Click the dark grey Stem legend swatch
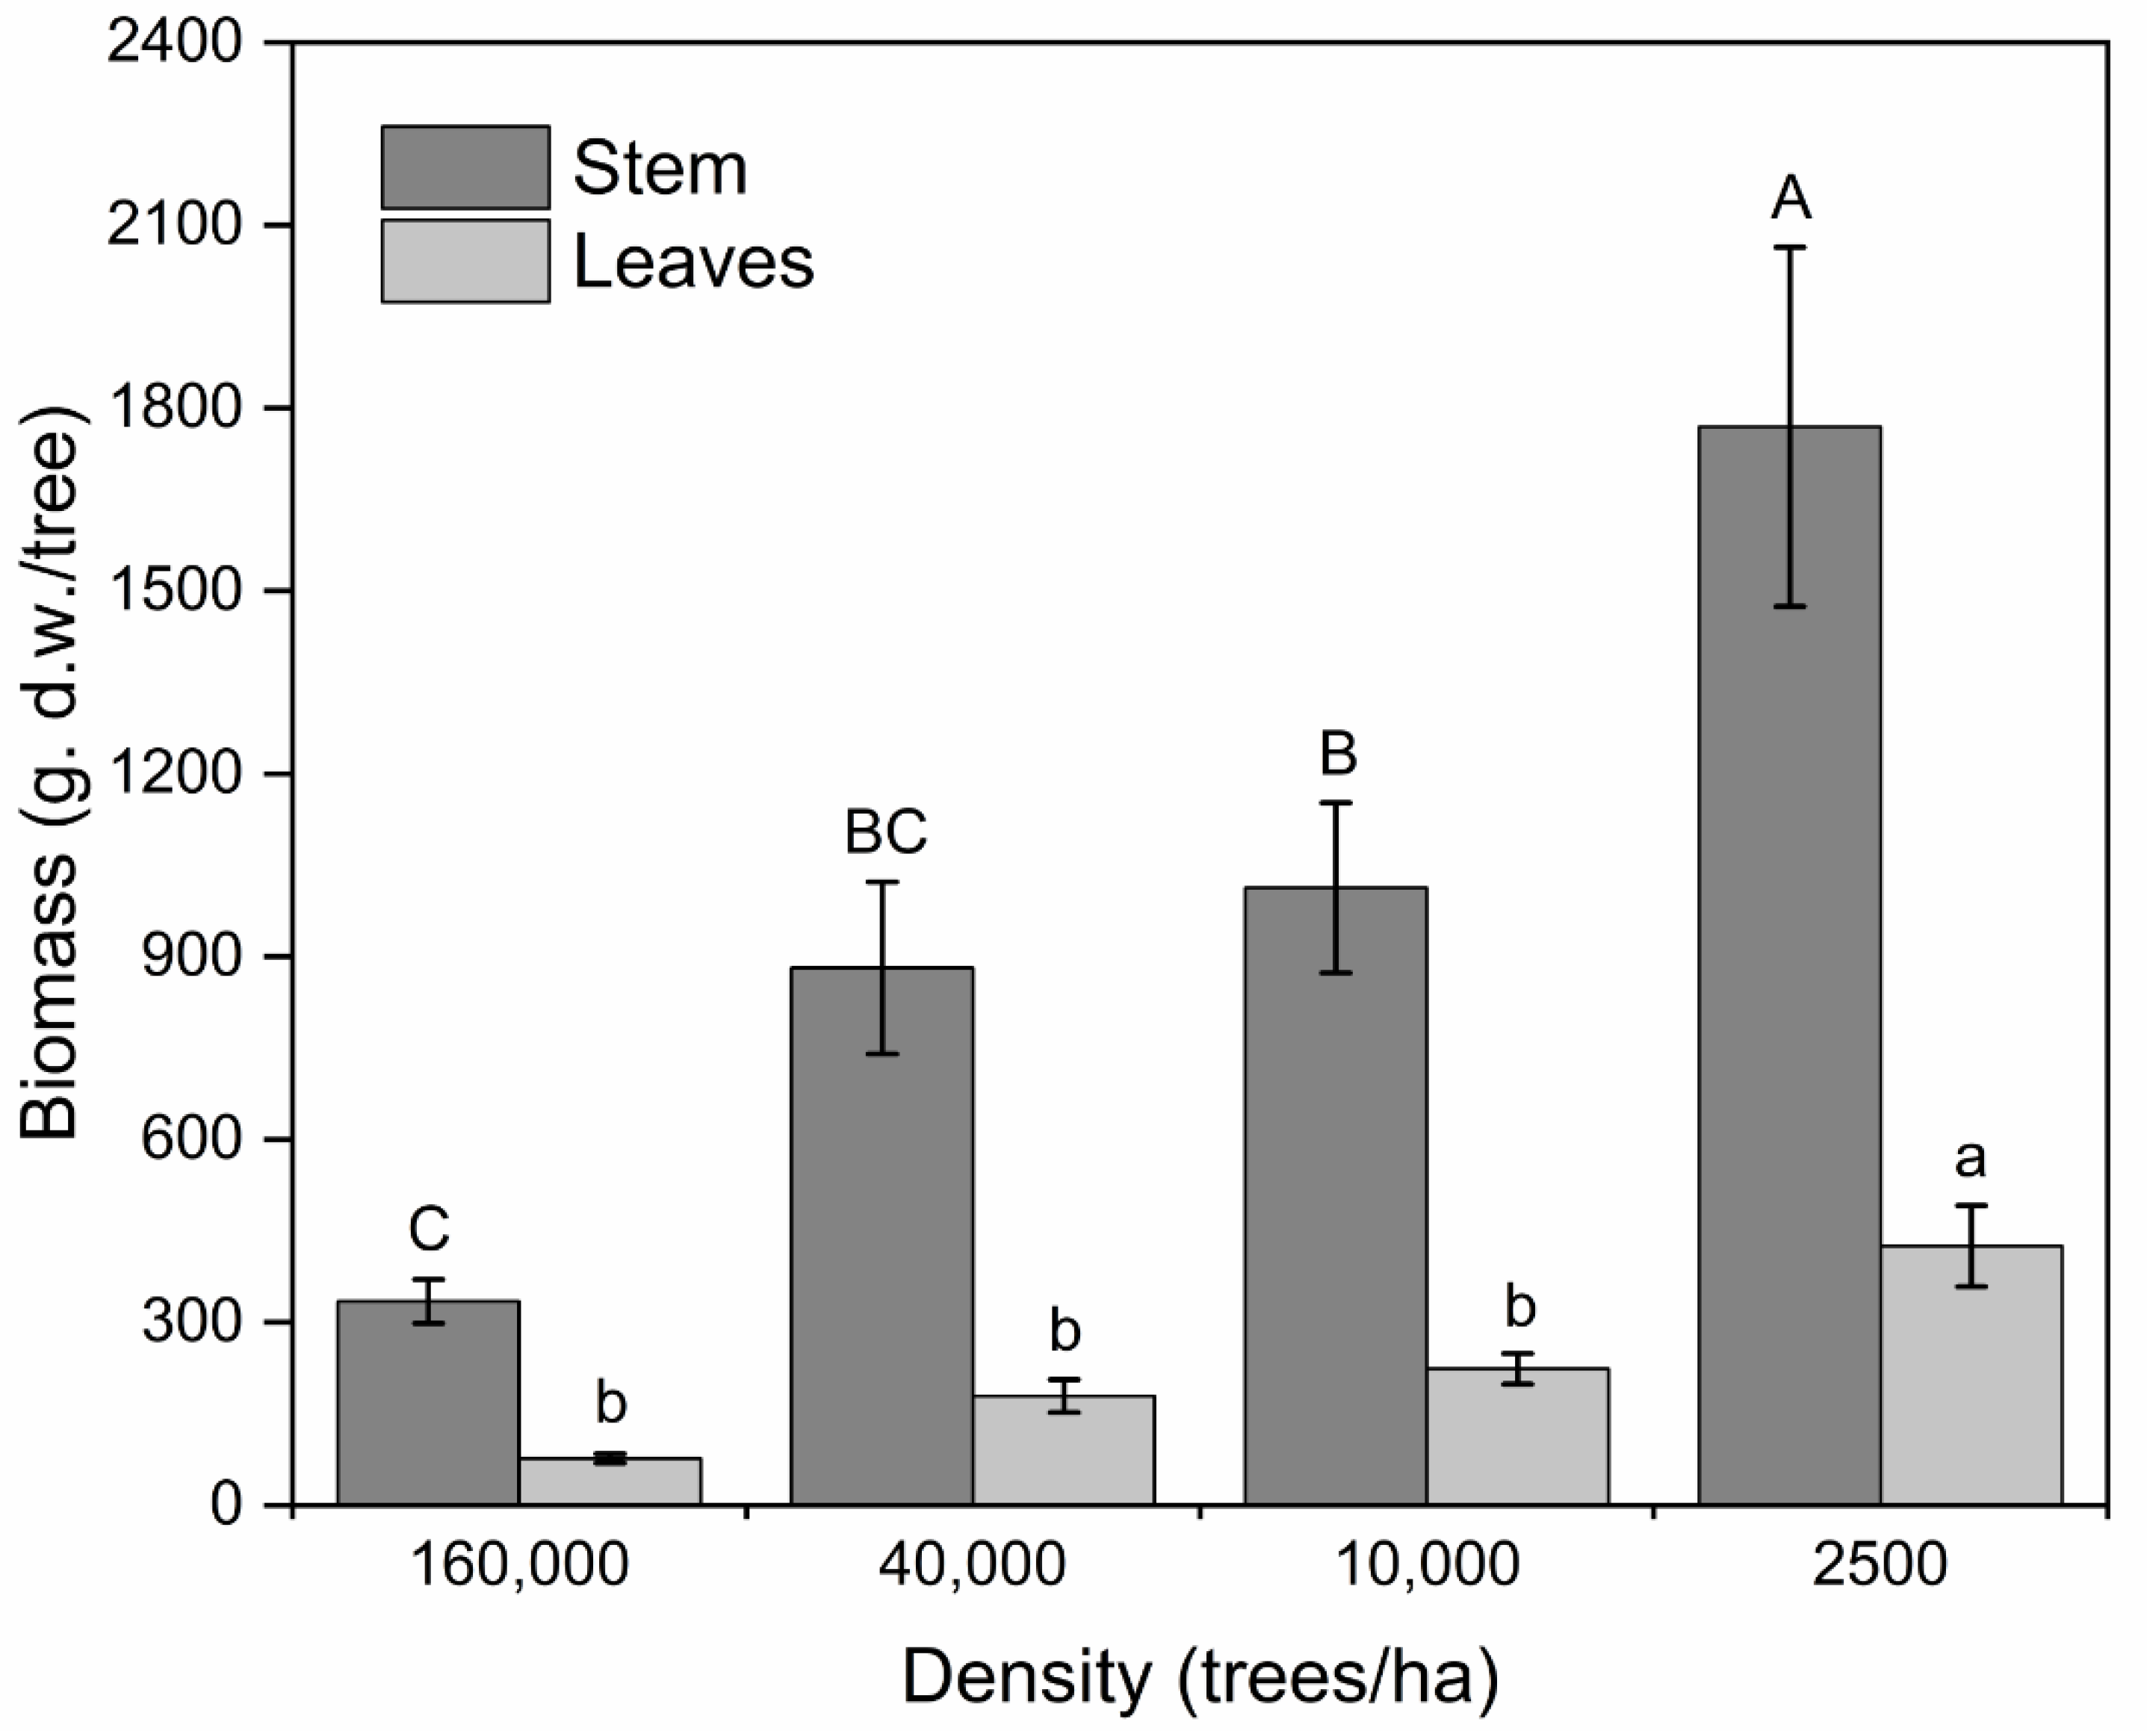465,167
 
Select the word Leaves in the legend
693,263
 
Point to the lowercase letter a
1971,1159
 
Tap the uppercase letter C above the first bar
429,1230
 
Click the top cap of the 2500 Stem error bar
1790,247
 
